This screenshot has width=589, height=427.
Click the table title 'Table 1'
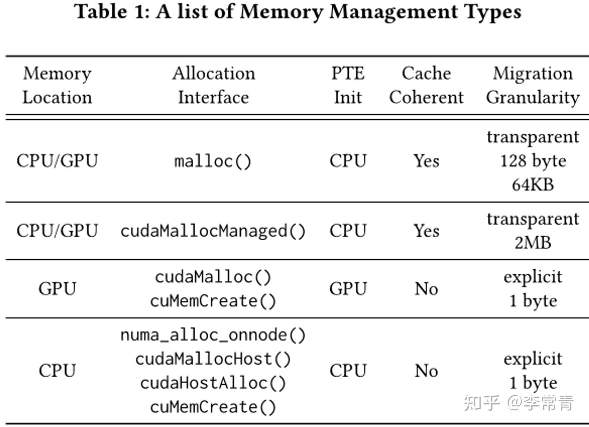coord(297,11)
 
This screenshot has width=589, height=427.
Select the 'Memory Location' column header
coord(57,85)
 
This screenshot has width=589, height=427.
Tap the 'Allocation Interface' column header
coord(213,85)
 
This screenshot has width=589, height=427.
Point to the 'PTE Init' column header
coord(348,85)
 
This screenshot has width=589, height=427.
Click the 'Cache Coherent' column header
coord(426,85)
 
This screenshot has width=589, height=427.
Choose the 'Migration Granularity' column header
coord(533,85)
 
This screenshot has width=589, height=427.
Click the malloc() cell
coord(213,161)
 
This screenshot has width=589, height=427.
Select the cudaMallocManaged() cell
coord(213,231)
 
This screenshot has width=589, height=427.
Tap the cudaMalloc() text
coord(213,277)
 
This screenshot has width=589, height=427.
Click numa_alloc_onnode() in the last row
coord(213,335)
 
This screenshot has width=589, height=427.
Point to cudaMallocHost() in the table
coord(213,359)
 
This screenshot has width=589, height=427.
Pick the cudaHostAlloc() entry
coord(213,383)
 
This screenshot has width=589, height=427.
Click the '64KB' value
coord(533,185)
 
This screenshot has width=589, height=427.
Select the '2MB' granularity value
coord(533,243)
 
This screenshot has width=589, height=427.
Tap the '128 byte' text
coord(533,161)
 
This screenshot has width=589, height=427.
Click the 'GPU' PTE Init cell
coord(348,289)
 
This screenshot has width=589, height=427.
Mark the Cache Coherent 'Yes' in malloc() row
coord(426,161)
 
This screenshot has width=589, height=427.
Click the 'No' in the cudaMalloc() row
coord(426,289)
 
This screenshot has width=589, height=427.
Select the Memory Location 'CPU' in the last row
coord(57,371)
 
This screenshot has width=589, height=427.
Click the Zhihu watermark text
coord(519,403)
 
